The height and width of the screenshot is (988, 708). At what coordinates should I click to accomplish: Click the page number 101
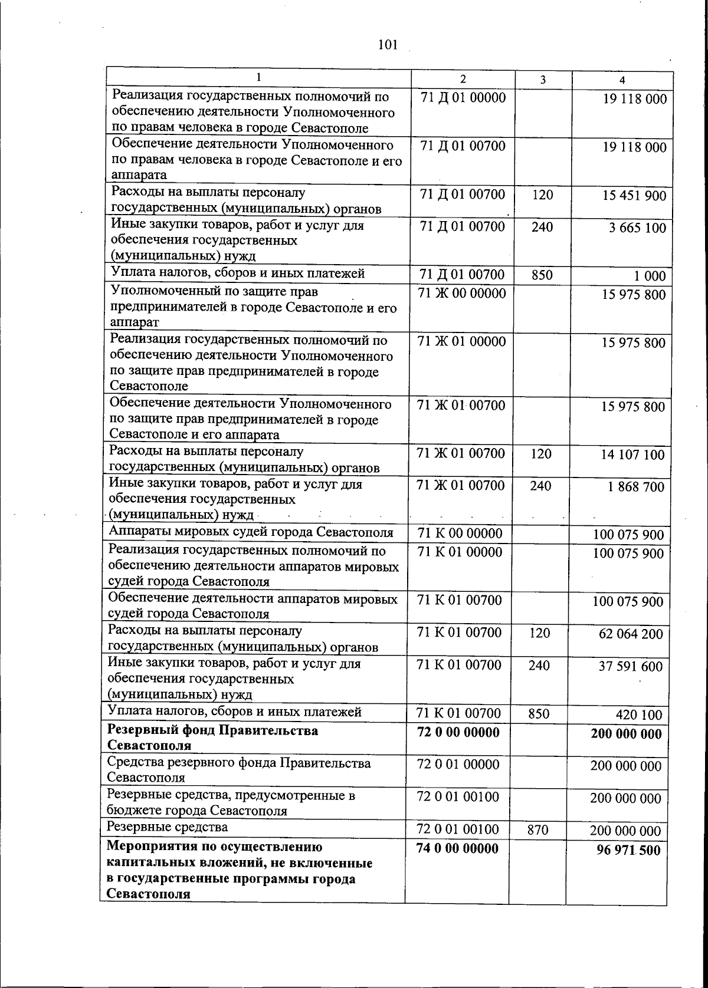coord(388,45)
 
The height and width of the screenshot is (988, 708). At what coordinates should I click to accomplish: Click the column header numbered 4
coord(622,80)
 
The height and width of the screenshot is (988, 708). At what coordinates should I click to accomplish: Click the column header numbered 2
coord(463,80)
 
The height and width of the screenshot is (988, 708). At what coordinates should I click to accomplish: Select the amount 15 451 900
coord(634,196)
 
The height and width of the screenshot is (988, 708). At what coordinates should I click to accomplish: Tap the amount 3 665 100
coord(637,228)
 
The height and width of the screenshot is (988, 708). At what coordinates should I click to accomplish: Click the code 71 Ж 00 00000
coord(462,293)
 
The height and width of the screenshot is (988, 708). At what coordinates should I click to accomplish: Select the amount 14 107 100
coord(632,455)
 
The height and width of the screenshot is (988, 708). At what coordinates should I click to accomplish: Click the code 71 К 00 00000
coord(460,533)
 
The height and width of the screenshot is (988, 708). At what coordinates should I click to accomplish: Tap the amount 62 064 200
coord(631,634)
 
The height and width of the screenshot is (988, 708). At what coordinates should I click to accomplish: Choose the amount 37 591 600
coord(631,667)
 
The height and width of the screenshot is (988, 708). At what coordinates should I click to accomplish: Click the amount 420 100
coord(639,715)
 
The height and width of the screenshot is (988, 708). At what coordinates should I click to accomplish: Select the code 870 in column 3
coord(538,831)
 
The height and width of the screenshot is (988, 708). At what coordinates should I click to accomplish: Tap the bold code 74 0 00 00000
coord(457,848)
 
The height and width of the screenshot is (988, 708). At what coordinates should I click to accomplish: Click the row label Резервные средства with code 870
coord(167,827)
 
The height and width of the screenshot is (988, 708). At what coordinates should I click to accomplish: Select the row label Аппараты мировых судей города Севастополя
coord(251,532)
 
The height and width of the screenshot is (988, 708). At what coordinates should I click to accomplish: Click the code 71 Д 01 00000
coord(463,98)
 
